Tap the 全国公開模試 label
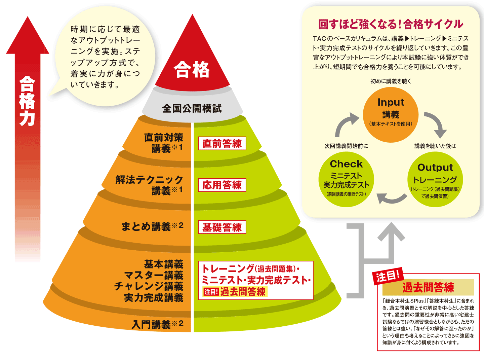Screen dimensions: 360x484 192,108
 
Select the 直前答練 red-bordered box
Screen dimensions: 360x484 222,144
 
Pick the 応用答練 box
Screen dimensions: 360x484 222,185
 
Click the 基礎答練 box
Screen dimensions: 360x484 222,227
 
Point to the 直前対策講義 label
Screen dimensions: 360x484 164,143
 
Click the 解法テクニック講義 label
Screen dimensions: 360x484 150,185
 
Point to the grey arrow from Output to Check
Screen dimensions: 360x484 391,198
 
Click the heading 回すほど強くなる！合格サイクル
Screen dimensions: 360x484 391,24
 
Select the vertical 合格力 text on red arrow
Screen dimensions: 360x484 27,101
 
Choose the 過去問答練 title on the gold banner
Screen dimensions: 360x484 428,288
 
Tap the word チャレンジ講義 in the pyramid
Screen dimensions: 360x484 149,286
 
